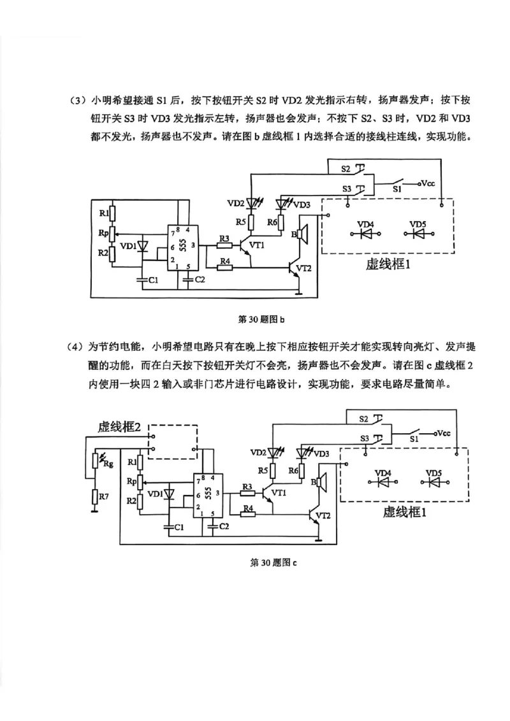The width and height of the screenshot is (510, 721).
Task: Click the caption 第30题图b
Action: pos(259,318)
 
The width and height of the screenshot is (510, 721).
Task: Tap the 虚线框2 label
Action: pos(119,427)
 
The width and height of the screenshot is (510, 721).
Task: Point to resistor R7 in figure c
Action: pos(94,496)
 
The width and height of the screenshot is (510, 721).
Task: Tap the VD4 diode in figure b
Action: pos(365,234)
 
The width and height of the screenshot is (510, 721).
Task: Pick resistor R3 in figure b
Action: pos(224,245)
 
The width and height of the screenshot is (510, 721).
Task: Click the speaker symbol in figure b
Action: pos(302,234)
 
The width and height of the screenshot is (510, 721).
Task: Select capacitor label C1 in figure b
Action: pos(151,280)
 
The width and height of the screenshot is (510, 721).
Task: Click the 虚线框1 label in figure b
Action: pos(389,264)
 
